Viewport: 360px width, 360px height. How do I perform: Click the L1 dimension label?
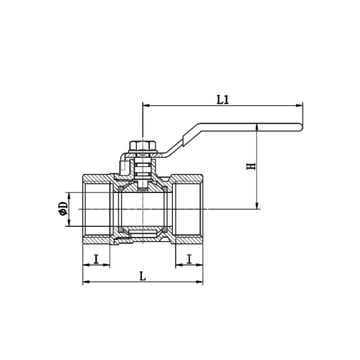coord(222,100)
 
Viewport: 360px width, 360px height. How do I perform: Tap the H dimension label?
coord(251,166)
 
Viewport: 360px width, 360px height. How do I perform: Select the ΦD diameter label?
coord(64,209)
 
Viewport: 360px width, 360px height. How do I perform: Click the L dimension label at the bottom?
coord(143,276)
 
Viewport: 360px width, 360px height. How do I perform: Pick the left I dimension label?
coord(96,259)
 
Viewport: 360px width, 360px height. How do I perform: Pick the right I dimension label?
coord(189,259)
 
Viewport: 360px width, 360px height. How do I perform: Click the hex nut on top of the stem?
coord(143,145)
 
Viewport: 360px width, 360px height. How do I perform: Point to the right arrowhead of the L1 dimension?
coord(300,105)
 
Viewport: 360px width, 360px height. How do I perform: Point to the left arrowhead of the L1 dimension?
coord(146,105)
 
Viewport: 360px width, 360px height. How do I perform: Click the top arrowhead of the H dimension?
coord(257,127)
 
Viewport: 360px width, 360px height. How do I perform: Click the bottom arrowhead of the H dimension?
coord(257,206)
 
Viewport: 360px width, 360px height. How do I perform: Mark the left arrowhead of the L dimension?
coord(86,282)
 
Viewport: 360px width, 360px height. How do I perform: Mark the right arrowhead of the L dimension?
coord(199,282)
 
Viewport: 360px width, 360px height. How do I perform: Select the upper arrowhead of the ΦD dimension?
coord(69,196)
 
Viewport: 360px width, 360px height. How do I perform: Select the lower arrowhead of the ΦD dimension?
coord(69,222)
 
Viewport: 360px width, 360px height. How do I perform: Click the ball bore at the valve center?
coord(143,210)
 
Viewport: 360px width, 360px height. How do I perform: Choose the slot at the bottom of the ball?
coord(143,232)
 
